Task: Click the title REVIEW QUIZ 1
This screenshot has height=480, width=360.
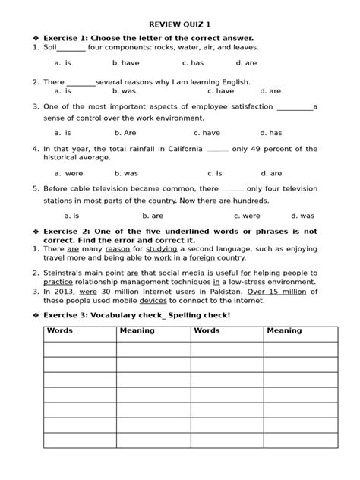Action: click(180, 24)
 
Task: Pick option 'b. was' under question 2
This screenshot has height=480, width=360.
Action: click(125, 90)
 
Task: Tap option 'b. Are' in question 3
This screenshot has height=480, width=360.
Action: click(125, 131)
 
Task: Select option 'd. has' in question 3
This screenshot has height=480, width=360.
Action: click(270, 131)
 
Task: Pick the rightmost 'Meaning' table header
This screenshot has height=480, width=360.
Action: click(283, 331)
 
